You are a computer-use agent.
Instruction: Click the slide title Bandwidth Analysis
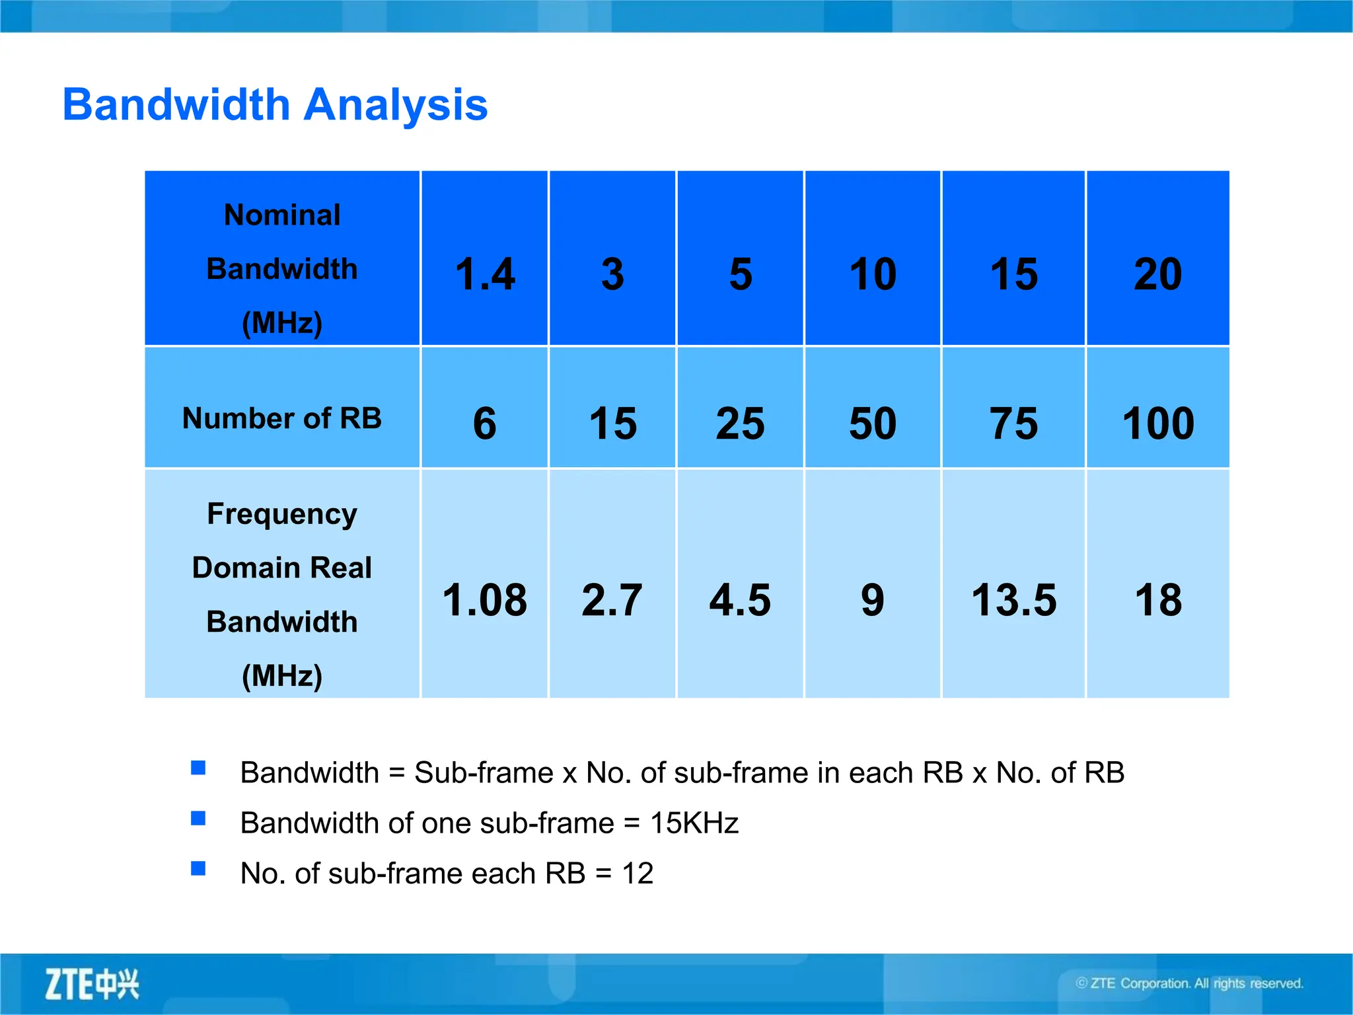275,105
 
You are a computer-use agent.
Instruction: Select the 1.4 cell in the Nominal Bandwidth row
485,274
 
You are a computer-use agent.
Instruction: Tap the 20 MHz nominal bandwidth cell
1157,274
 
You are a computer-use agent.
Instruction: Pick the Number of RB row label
282,418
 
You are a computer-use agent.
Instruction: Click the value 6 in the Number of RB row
484,423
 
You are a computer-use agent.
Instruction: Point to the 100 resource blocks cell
1158,423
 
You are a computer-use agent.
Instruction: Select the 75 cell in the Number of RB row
1013,423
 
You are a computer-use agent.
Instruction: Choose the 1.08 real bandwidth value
484,600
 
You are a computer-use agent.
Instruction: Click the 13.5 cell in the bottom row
1013,600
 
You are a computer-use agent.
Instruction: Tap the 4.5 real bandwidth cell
740,600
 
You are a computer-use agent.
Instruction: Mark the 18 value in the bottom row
1158,600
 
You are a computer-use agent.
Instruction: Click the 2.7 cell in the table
612,600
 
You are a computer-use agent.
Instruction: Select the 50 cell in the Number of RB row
873,423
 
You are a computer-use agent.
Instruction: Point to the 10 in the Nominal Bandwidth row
873,274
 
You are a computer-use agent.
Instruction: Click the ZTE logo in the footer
92,984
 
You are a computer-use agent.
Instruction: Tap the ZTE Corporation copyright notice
1189,983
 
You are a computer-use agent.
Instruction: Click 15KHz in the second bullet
694,823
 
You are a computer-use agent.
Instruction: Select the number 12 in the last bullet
638,874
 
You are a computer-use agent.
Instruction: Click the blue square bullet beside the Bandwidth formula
198,768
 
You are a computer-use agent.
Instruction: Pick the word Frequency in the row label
282,514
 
